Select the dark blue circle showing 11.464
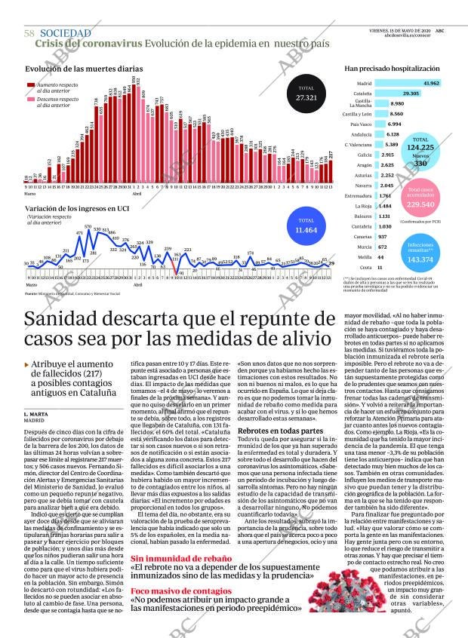point(306,225)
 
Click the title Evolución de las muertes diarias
point(73,69)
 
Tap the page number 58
point(29,33)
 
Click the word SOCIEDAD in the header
point(65,33)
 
